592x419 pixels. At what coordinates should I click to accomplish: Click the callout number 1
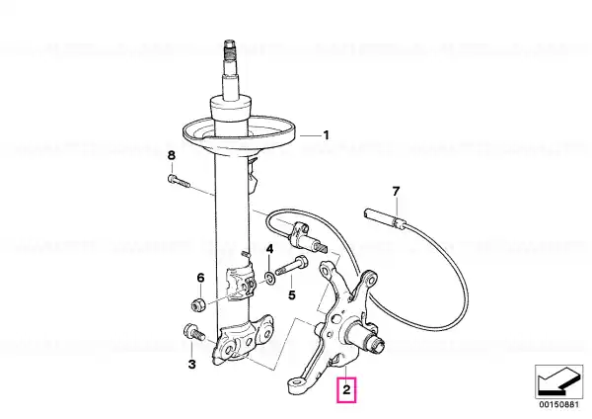click(326, 135)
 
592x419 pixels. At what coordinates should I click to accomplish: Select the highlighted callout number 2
click(346, 389)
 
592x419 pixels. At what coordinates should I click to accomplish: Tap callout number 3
click(191, 365)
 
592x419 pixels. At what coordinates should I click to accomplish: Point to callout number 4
click(269, 249)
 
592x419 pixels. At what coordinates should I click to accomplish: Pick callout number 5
click(292, 294)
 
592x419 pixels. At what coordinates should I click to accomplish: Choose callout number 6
click(200, 278)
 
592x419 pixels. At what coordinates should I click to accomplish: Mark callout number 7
click(396, 192)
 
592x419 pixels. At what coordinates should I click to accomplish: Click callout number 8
click(172, 155)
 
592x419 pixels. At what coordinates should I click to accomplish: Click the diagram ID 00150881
click(558, 404)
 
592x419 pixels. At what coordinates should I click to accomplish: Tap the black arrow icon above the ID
click(558, 381)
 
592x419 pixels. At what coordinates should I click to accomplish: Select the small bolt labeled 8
click(179, 181)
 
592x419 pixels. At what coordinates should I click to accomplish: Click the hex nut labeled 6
click(198, 304)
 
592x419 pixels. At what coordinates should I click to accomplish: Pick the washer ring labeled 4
click(270, 279)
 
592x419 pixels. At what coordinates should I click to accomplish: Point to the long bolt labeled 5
click(291, 266)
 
